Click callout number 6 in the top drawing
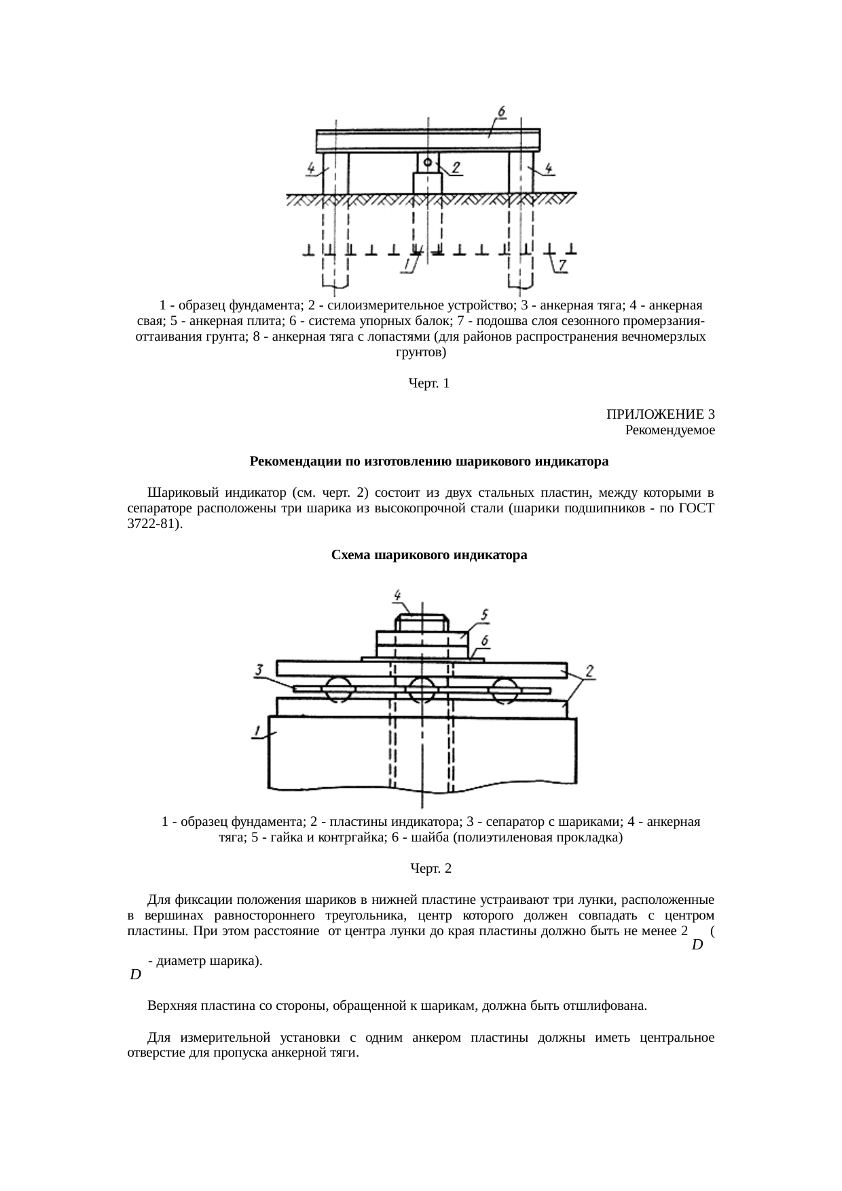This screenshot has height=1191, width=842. (501, 111)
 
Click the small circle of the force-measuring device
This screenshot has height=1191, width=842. (428, 162)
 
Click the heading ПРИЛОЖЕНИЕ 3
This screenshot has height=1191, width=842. (660, 414)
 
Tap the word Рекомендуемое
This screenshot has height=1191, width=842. (670, 430)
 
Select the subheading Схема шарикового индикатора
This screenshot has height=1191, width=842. (429, 555)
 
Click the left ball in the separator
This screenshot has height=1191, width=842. (338, 690)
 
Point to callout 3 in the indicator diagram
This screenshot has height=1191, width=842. (259, 670)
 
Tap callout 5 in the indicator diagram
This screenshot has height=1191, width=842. (484, 614)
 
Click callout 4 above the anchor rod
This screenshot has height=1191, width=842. (398, 594)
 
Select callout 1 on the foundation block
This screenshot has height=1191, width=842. (257, 731)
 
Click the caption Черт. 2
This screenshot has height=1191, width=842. (431, 869)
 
